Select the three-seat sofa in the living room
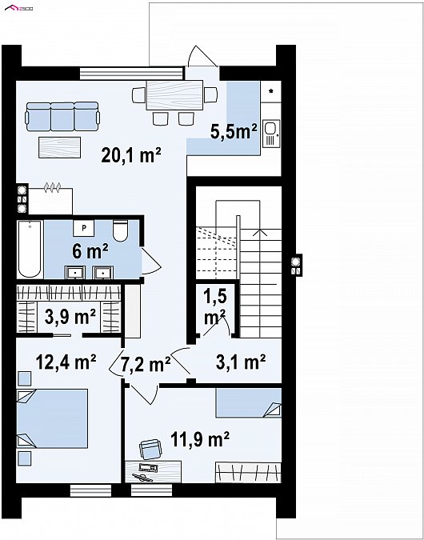point(62,117)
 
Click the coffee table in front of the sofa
point(59,147)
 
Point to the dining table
point(174,94)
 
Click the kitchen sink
point(271,134)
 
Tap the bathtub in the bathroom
point(30,249)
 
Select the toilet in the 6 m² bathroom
point(120,230)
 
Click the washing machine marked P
point(83,228)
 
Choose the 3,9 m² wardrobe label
point(70,317)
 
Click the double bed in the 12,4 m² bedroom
point(52,418)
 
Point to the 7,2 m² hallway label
point(146,364)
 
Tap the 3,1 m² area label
point(241,362)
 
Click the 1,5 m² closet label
point(215,307)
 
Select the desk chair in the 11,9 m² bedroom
point(150,450)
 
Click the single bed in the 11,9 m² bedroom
point(248,402)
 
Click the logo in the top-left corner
point(19,7)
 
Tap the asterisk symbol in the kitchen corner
point(271,91)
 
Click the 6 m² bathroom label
point(90,251)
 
